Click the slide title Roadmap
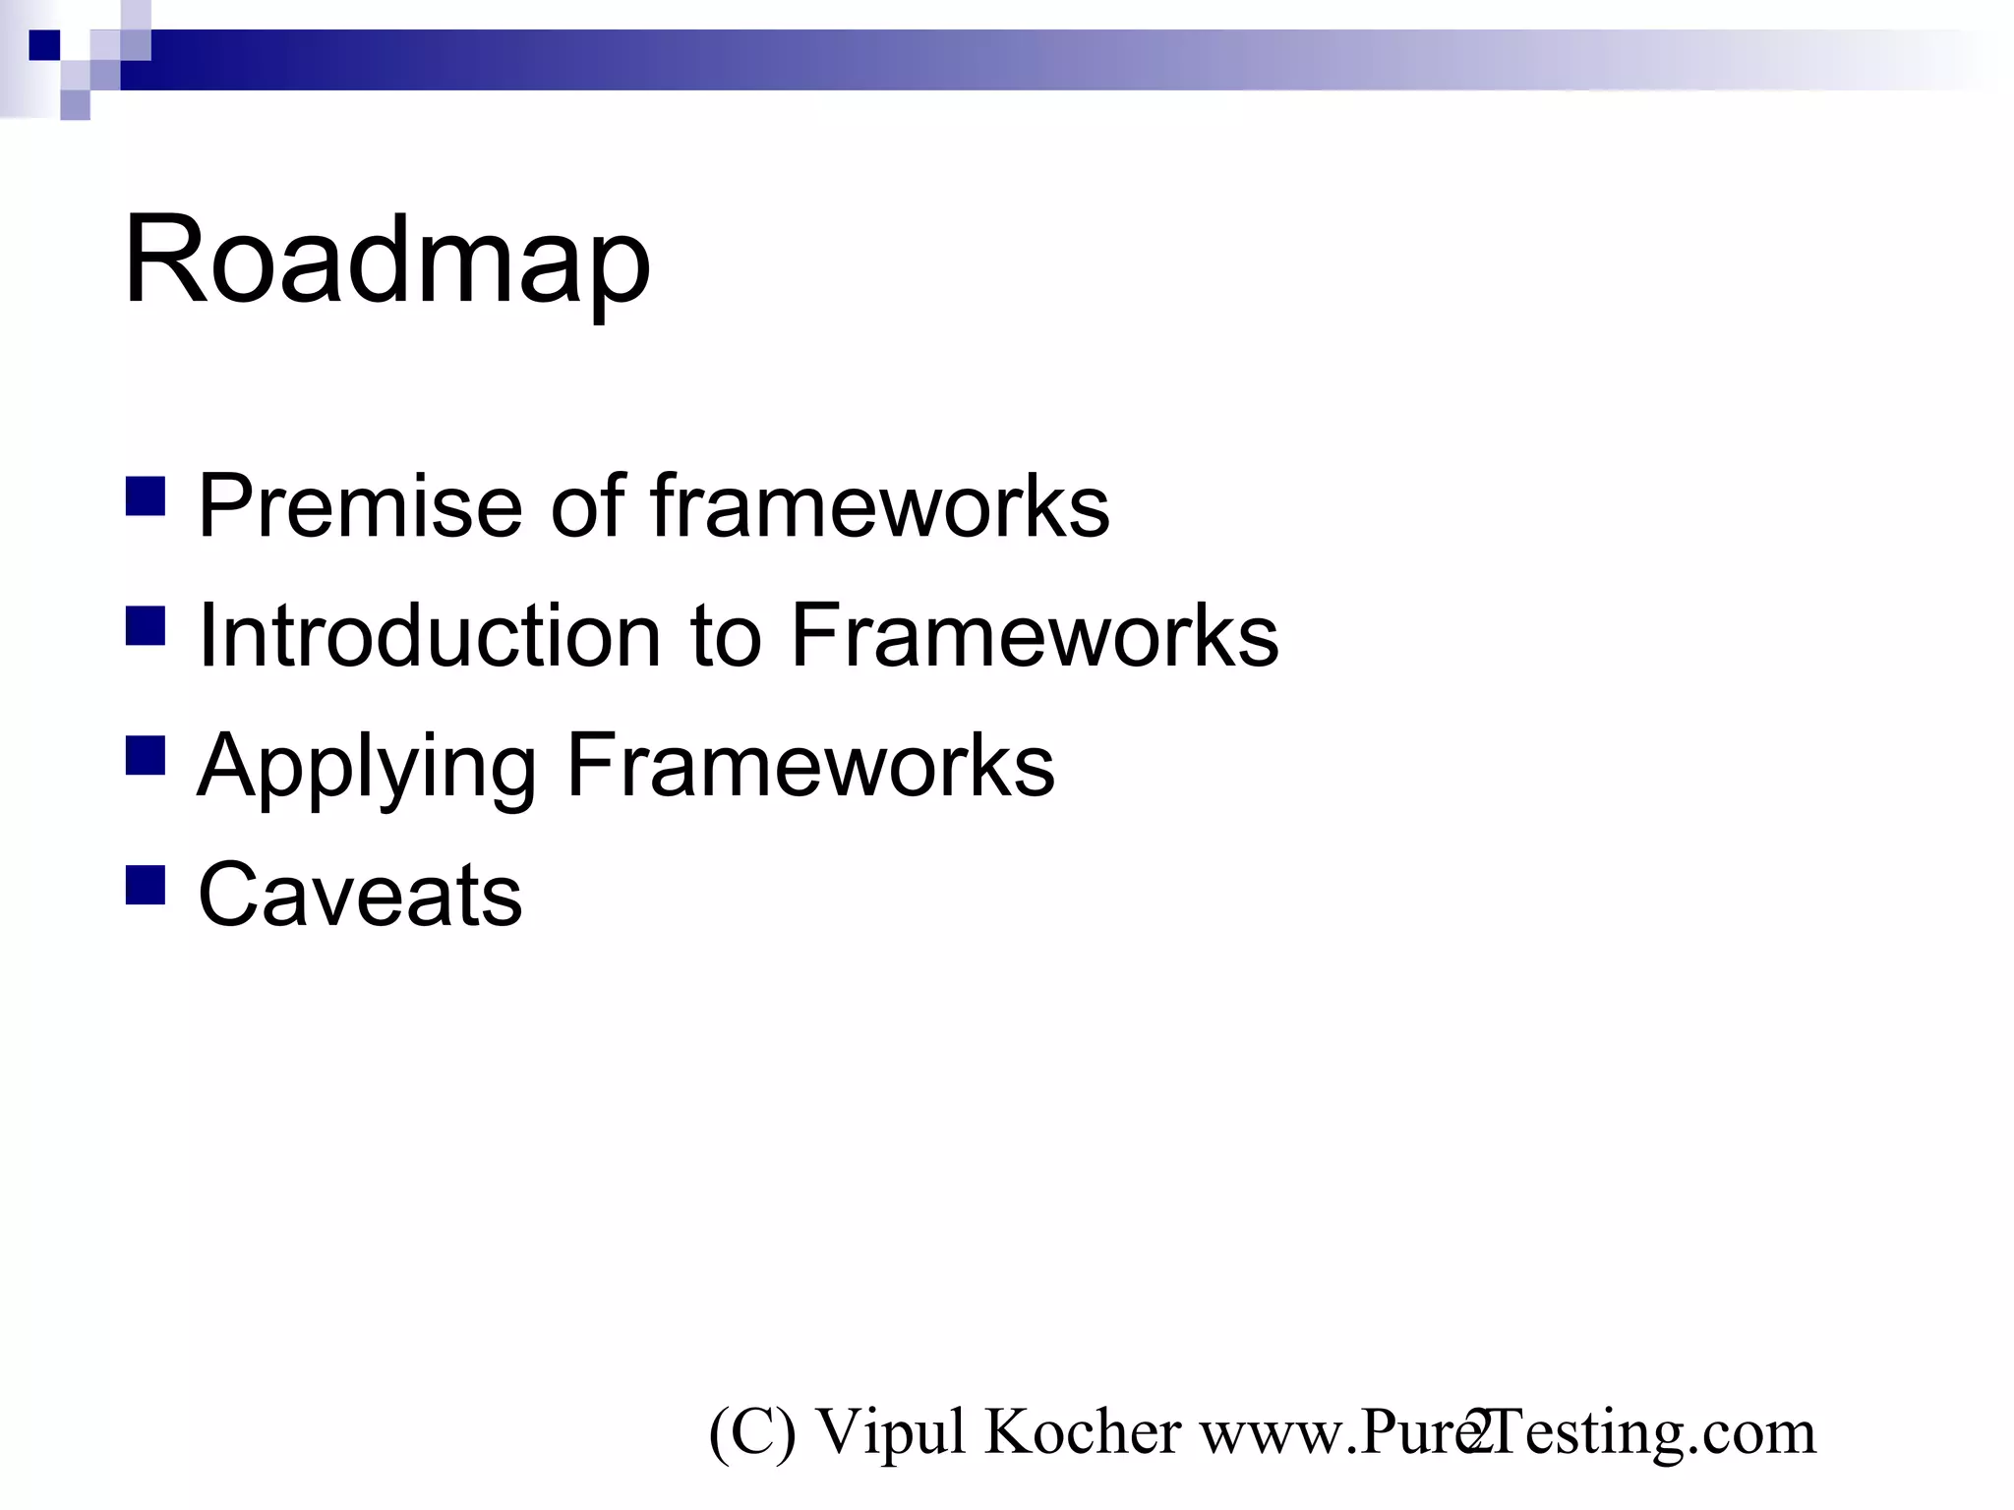point(386,261)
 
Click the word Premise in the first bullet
point(360,506)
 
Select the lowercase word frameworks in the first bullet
point(879,506)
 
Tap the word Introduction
point(429,636)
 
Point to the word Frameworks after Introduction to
point(1034,636)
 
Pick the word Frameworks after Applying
point(810,766)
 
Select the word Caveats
point(360,895)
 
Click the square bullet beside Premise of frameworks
point(146,496)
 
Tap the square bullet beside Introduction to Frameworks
point(146,625)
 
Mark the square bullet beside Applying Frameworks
point(146,756)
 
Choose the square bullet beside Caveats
point(146,885)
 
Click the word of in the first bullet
point(587,506)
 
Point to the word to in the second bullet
point(726,636)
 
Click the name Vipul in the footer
point(891,1432)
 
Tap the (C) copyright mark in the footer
point(751,1432)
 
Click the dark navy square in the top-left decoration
point(44,45)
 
